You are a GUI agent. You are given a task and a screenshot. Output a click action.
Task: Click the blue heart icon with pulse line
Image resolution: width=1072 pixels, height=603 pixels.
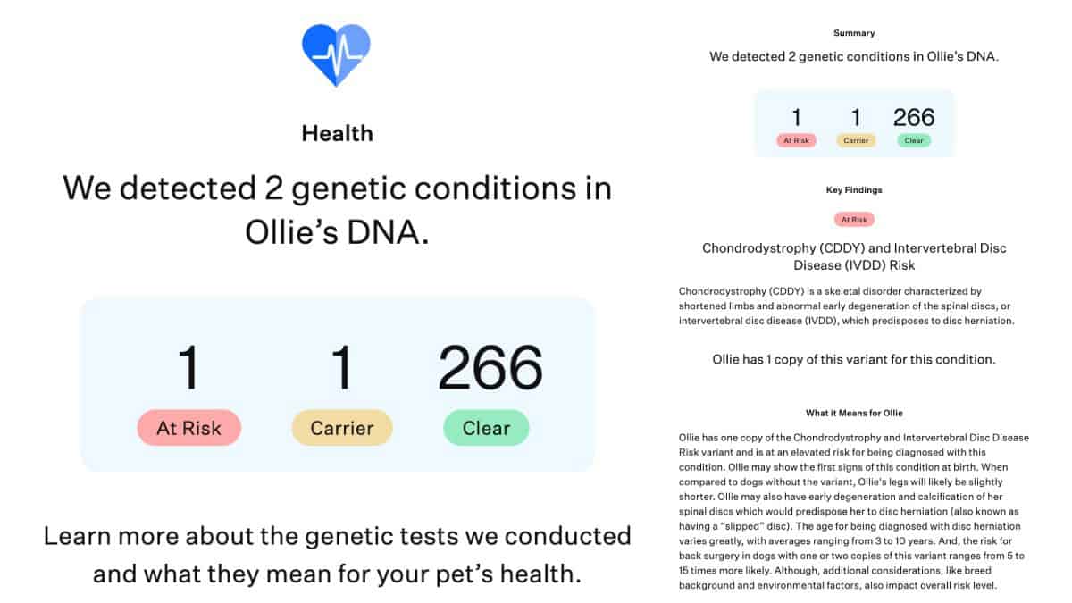coord(336,54)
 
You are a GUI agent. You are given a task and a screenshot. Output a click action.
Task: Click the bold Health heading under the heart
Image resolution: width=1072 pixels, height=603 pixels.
coord(337,134)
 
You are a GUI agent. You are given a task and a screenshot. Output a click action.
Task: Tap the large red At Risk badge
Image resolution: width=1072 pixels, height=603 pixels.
coord(188,428)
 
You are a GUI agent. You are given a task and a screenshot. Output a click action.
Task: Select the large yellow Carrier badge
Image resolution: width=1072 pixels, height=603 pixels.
coord(341,428)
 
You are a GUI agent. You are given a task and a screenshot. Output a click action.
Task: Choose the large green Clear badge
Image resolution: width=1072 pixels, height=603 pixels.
coord(486,428)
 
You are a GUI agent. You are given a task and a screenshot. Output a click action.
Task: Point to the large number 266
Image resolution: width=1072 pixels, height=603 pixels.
coord(490,367)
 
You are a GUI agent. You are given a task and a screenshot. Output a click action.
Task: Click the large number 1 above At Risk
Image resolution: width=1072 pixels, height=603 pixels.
coord(188,367)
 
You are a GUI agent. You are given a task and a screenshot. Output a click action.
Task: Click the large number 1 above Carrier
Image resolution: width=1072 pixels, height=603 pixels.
coord(341,367)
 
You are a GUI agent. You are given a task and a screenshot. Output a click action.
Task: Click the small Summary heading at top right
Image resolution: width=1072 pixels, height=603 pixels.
coord(853,33)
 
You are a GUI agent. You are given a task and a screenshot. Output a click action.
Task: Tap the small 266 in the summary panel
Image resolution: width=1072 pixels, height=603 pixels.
coord(913,117)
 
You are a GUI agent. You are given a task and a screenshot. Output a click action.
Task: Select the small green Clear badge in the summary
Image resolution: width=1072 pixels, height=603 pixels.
coord(913,140)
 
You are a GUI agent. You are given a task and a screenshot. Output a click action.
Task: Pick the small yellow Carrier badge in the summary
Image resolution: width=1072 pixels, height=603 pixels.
coord(856,140)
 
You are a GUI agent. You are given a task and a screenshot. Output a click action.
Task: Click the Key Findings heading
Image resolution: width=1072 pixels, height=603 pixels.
coord(853,190)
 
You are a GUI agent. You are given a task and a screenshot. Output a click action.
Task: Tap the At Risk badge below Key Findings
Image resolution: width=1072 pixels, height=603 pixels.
coord(853,219)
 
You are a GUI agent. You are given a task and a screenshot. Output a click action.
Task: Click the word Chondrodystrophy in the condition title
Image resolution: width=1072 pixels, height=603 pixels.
coord(746,247)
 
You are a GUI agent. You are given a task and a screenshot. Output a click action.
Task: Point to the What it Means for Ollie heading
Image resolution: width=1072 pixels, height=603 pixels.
coord(853,413)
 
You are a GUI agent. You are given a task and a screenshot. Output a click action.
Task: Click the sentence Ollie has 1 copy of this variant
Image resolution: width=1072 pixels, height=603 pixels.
coord(853,359)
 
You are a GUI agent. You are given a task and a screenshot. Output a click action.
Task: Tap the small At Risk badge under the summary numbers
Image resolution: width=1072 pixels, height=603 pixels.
coord(795,140)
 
